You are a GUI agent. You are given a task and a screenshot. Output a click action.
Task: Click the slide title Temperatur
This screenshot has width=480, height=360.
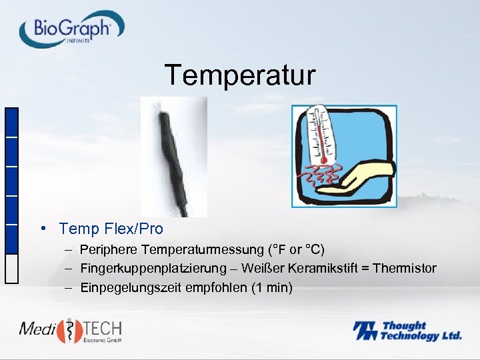tap(240, 75)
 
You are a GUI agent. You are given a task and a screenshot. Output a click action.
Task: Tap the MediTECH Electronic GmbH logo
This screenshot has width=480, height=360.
tap(71, 331)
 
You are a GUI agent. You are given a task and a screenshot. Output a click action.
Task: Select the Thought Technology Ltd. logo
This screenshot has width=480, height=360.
tap(407, 331)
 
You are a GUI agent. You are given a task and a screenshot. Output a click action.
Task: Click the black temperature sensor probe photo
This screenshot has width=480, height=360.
tap(173, 157)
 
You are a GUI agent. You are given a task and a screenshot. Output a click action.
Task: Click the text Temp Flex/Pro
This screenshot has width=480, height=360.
tap(111, 229)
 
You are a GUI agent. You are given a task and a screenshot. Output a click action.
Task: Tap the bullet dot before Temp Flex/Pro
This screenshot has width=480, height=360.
tap(43, 229)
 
